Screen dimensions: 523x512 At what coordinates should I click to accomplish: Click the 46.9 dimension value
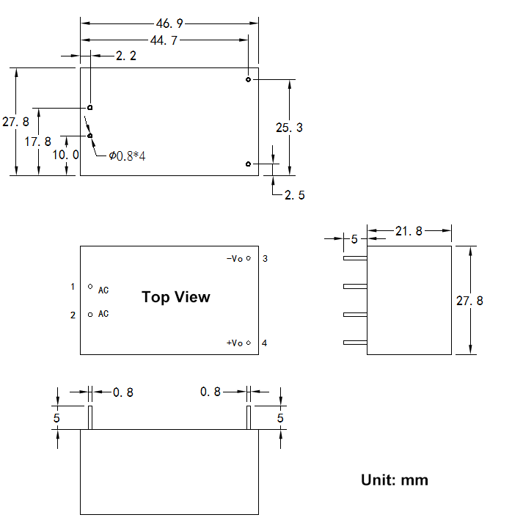coord(169,24)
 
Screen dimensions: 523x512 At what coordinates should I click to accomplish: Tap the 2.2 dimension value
coord(126,56)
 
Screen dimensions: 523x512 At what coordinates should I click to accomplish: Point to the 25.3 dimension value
coord(289,128)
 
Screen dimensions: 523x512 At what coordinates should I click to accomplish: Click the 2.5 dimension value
coord(295,195)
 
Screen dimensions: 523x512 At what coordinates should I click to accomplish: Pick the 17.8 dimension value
coord(38,142)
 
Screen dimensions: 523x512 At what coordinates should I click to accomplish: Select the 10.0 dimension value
coord(66,156)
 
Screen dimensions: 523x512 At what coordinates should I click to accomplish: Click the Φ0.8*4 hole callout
coord(127,156)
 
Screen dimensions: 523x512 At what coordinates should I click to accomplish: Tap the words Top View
coord(175,297)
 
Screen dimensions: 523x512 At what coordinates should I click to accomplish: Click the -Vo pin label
coord(235,259)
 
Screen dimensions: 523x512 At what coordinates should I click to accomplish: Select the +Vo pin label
coord(235,343)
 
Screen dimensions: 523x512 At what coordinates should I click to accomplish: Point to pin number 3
coord(265,259)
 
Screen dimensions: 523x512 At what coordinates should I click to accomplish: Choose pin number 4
coord(265,343)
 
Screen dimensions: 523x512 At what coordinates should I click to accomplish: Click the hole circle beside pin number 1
coord(90,287)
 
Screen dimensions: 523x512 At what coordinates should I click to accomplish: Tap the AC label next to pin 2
coord(103,315)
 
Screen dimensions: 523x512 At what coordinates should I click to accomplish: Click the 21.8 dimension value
coord(409,232)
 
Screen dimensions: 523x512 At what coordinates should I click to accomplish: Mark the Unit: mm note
coord(395,480)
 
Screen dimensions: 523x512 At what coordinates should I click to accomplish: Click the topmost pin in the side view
coord(354,257)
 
